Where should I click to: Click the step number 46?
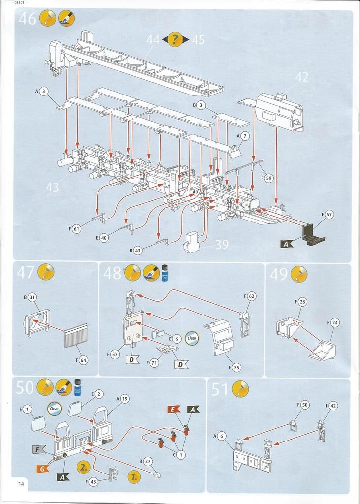tap(27, 18)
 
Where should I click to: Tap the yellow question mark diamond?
tap(176, 39)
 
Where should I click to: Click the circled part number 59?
tap(268, 178)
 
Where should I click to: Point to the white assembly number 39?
tap(222, 245)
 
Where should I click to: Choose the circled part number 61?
tap(76, 229)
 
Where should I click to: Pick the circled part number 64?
tap(83, 360)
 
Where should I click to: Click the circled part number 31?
tap(32, 297)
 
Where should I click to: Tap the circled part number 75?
tap(237, 367)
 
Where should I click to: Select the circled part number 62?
tap(251, 296)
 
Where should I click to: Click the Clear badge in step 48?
tap(192, 338)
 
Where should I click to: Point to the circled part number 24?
tap(335, 323)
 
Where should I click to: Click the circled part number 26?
tap(302, 301)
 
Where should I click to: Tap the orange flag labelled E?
tap(173, 409)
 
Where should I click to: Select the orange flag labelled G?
tap(43, 468)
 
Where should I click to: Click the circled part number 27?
tap(148, 461)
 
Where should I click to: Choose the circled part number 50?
tap(305, 405)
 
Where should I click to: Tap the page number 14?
tap(21, 484)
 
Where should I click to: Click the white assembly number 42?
tap(301, 77)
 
